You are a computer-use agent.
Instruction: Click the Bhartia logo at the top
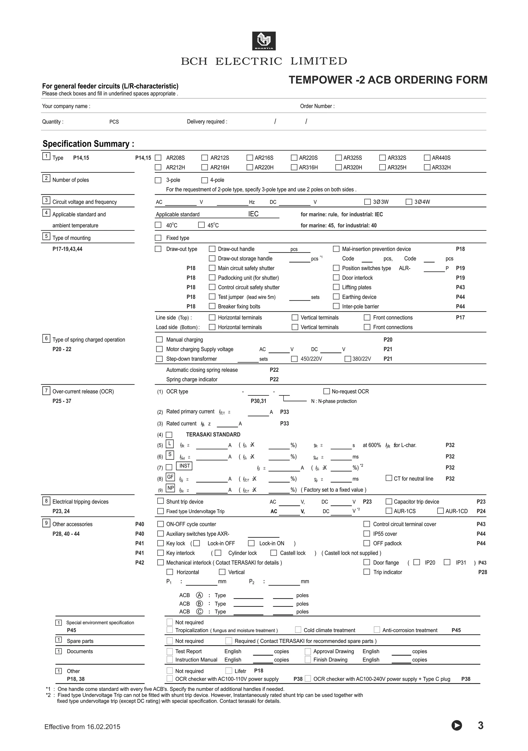tap(264, 41)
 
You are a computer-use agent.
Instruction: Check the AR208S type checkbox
tap(158, 158)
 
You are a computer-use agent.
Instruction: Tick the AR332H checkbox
tap(427, 167)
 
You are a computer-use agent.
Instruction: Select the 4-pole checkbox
tap(205, 180)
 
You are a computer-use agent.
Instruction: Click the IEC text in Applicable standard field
tap(253, 214)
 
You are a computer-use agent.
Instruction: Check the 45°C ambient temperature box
tap(201, 225)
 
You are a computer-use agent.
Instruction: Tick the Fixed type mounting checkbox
tap(158, 238)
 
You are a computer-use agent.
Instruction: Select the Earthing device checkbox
tap(336, 297)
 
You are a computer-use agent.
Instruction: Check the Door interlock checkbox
tap(336, 277)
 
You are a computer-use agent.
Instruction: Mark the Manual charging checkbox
tap(160, 340)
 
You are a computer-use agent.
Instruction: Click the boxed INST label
tap(184, 466)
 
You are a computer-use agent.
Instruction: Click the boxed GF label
tap(170, 477)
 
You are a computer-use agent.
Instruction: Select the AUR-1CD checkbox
tap(441, 511)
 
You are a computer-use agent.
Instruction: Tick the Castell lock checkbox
tap(274, 553)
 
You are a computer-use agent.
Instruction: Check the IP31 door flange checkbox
tap(447, 562)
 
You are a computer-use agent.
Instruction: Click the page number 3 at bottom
tap(480, 726)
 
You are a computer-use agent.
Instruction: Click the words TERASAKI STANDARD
tap(213, 434)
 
